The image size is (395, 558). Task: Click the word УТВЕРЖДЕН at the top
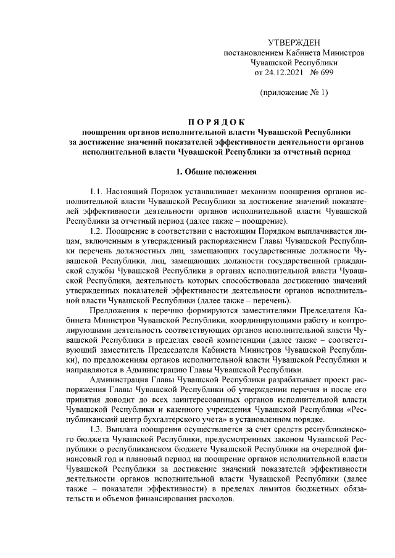pyautogui.click(x=294, y=42)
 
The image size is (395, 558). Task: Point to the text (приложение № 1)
pyautogui.click(x=294, y=93)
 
